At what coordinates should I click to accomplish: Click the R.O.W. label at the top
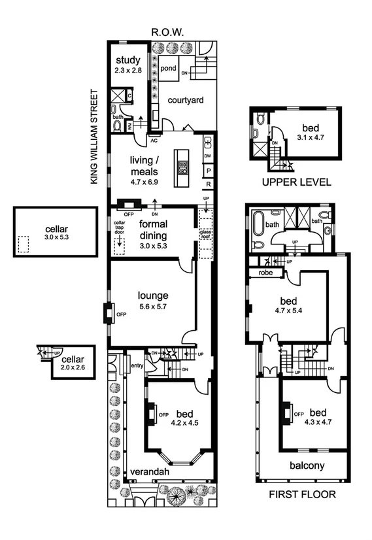(x=167, y=31)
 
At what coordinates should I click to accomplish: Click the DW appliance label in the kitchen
(x=207, y=156)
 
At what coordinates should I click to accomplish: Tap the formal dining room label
(x=154, y=229)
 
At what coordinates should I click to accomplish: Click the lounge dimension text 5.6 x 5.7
(x=153, y=307)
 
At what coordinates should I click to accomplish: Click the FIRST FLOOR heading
(x=302, y=494)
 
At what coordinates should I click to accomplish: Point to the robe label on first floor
(x=265, y=272)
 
